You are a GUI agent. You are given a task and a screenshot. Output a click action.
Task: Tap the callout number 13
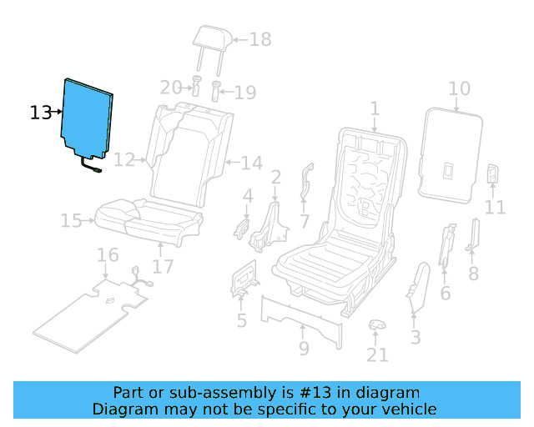point(40,113)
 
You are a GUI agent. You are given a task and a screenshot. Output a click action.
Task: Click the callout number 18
point(260,39)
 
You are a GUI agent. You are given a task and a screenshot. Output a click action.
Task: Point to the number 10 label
point(459,89)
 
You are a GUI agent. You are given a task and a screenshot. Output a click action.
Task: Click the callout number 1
point(375,108)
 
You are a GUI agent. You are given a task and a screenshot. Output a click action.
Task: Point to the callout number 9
point(304,348)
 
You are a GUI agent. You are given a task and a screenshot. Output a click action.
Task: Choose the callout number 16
point(108,254)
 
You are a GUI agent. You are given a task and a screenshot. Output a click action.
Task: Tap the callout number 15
point(71,221)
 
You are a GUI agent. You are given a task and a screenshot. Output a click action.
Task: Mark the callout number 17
point(162,267)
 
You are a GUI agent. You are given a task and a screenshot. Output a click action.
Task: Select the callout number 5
point(242,320)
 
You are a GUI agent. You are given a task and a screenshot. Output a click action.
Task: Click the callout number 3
point(416,337)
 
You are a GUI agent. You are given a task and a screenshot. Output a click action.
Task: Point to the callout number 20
point(171,88)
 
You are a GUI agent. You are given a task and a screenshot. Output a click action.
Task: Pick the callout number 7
point(305,221)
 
